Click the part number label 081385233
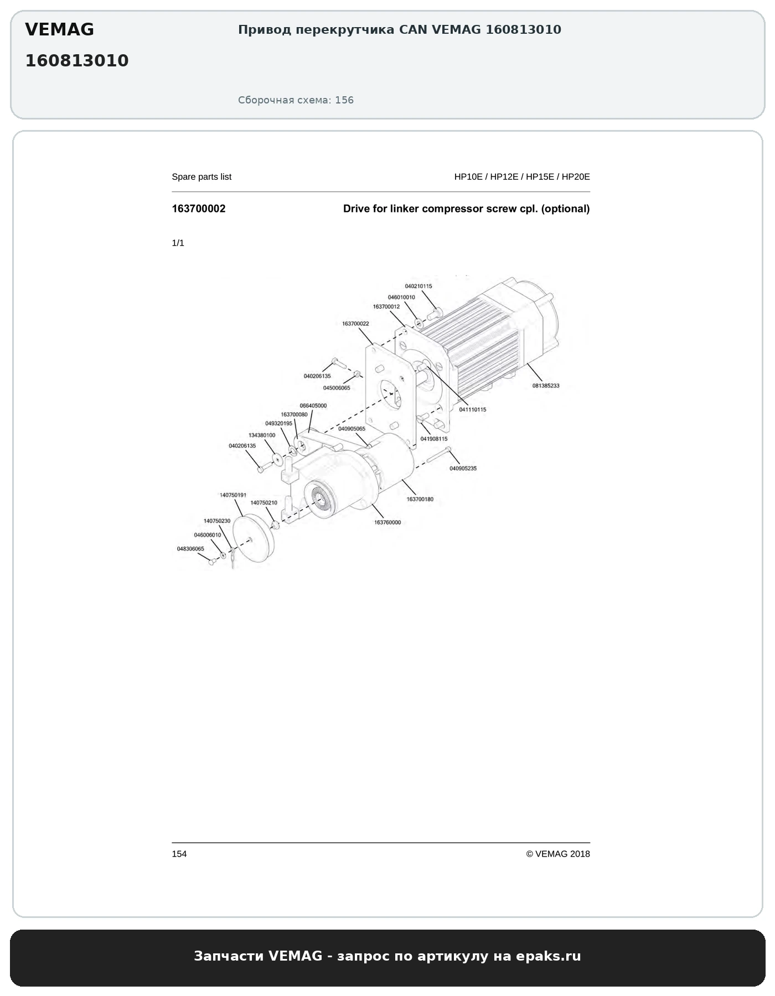pyautogui.click(x=546, y=386)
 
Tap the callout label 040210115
pyautogui.click(x=418, y=286)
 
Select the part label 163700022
pyautogui.click(x=355, y=324)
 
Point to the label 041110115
pyautogui.click(x=473, y=409)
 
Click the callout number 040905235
pyautogui.click(x=463, y=468)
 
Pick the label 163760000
pyautogui.click(x=387, y=522)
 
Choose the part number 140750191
pyautogui.click(x=233, y=495)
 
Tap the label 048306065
pyautogui.click(x=190, y=549)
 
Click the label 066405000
pyautogui.click(x=313, y=406)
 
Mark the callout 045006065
pyautogui.click(x=337, y=388)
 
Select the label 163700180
pyautogui.click(x=420, y=499)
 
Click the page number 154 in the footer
pyautogui.click(x=179, y=854)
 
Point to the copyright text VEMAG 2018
pyautogui.click(x=562, y=854)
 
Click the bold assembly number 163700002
pyautogui.click(x=199, y=209)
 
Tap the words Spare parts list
pyautogui.click(x=201, y=177)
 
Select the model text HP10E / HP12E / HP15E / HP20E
pyautogui.click(x=522, y=177)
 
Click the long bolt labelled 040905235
pyautogui.click(x=440, y=454)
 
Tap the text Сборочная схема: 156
pyautogui.click(x=296, y=100)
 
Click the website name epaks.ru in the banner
pyautogui.click(x=548, y=956)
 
